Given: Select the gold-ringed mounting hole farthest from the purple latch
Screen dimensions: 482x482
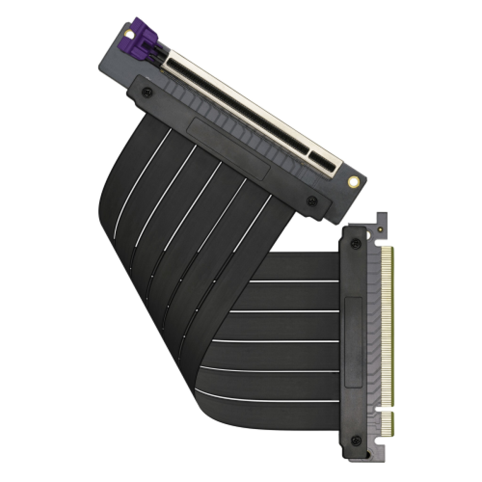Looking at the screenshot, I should (353, 181).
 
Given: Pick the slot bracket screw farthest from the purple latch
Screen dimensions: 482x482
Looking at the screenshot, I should (311, 200).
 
